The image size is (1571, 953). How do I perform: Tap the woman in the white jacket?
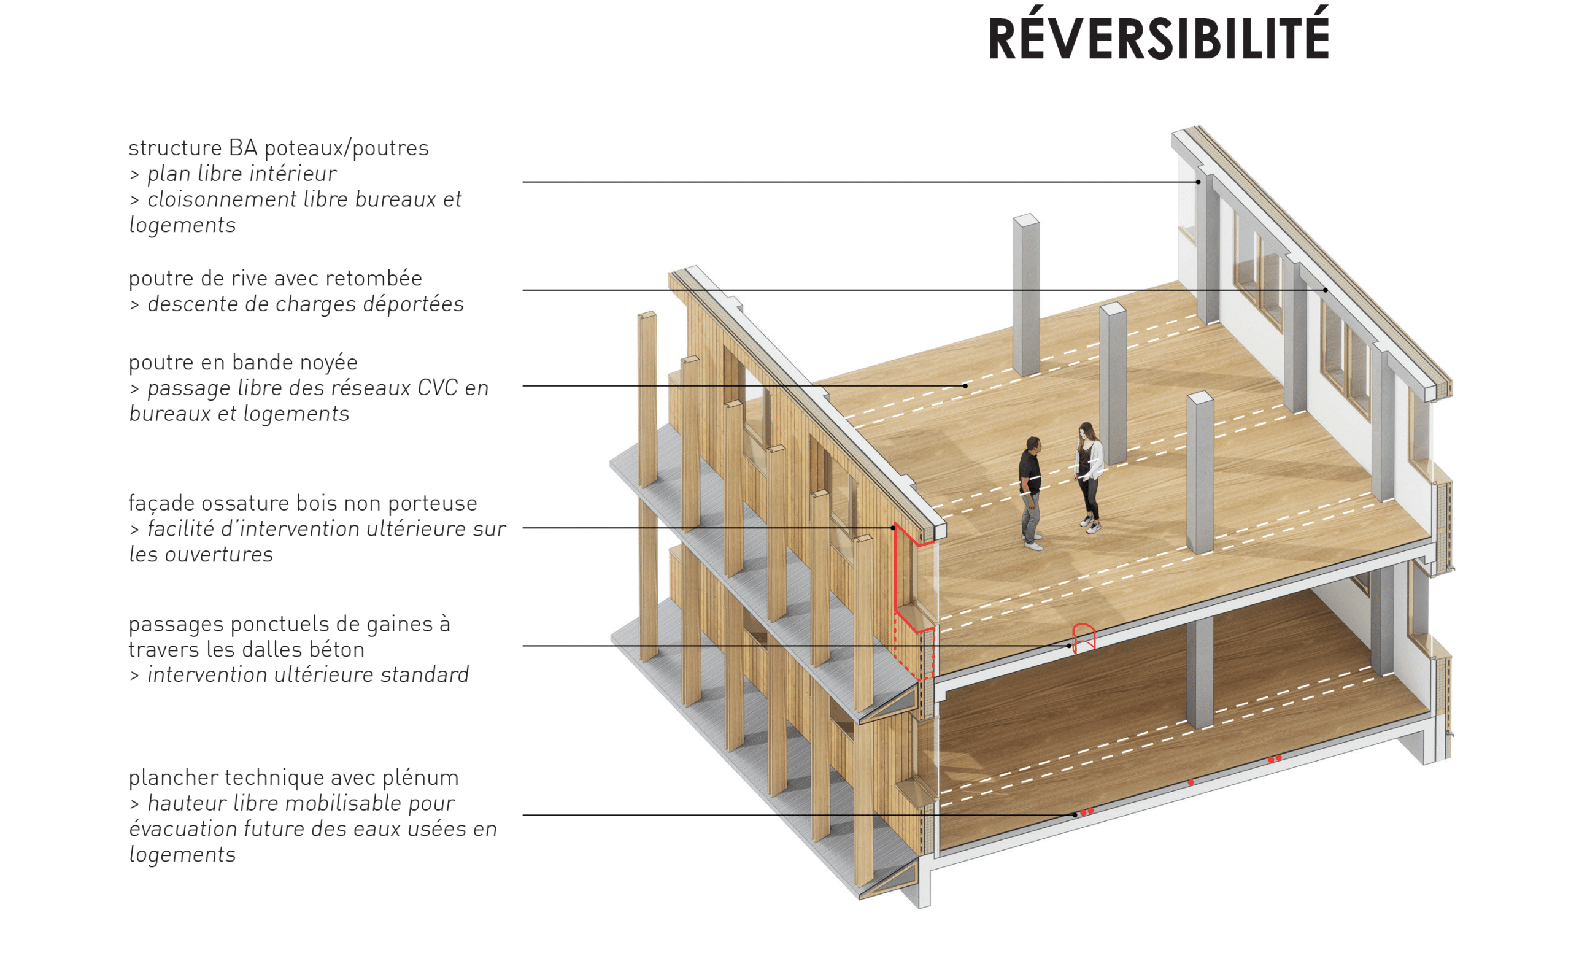click(1089, 475)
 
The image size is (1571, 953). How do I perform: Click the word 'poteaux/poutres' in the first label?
click(346, 149)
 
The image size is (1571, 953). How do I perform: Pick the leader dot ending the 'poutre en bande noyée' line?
click(965, 385)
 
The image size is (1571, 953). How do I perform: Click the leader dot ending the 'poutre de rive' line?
click(1326, 290)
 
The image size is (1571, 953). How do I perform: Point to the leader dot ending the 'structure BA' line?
click(1198, 182)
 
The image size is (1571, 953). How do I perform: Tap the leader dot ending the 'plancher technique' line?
click(1075, 815)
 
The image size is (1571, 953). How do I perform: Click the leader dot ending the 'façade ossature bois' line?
click(894, 528)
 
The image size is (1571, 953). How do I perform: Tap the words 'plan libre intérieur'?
click(242, 174)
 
